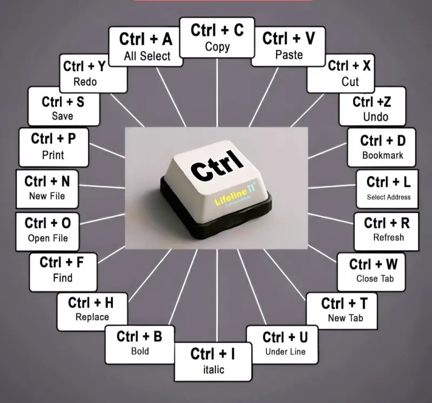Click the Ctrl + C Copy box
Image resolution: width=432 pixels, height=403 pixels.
pyautogui.click(x=217, y=38)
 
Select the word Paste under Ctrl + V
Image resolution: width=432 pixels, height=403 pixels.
pyautogui.click(x=289, y=55)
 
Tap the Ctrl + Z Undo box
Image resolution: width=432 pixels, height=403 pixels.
pyautogui.click(x=372, y=106)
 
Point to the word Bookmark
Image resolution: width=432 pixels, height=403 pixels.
pyautogui.click(x=383, y=155)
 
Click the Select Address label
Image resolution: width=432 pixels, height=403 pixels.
pyautogui.click(x=388, y=197)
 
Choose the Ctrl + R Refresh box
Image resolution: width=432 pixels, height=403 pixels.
pyautogui.click(x=386, y=231)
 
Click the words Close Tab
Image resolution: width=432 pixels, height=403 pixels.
pyautogui.click(x=375, y=278)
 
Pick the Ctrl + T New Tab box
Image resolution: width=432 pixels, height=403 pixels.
pyautogui.click(x=342, y=311)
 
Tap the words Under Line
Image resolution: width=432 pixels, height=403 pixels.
pyautogui.click(x=286, y=352)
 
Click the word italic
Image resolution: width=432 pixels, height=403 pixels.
pyautogui.click(x=213, y=370)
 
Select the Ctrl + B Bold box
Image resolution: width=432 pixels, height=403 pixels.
pyautogui.click(x=140, y=345)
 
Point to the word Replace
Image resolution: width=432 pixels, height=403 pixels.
pyautogui.click(x=92, y=317)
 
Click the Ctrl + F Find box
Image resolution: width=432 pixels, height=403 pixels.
pyautogui.click(x=63, y=272)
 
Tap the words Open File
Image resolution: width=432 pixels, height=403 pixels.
pyautogui.click(x=48, y=238)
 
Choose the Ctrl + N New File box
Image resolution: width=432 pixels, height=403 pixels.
pyautogui.click(x=47, y=189)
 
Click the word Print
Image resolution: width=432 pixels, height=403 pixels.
pyautogui.click(x=53, y=155)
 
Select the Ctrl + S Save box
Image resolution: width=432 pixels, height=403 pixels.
pyautogui.click(x=64, y=106)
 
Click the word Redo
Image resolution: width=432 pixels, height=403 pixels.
pyautogui.click(x=85, y=82)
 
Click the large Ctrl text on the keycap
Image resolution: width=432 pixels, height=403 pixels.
pyautogui.click(x=217, y=167)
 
